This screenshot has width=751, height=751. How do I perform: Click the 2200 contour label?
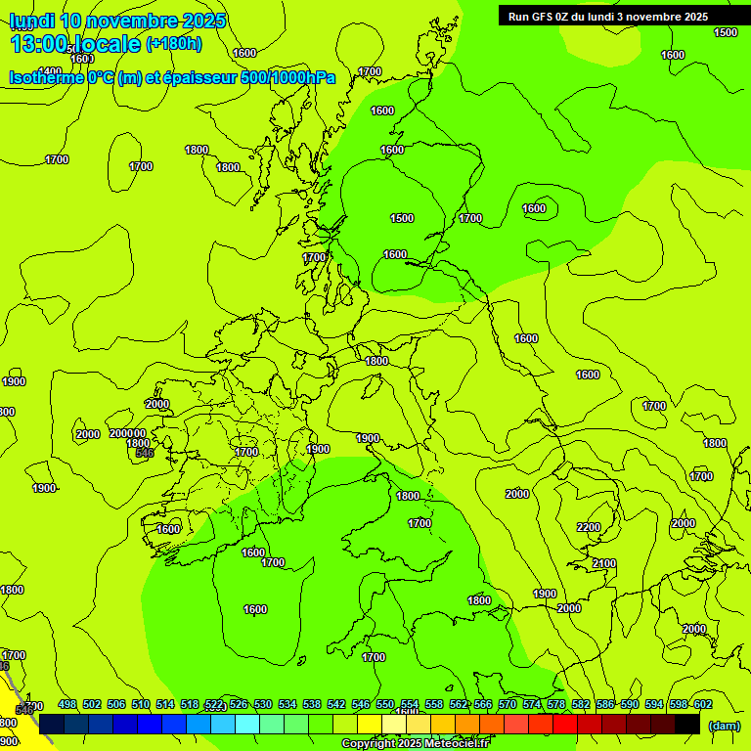tap(589, 527)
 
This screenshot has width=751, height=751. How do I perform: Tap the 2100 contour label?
tap(604, 563)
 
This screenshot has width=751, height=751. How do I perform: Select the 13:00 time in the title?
tap(39, 44)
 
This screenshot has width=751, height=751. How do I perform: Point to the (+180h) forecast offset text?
tap(174, 44)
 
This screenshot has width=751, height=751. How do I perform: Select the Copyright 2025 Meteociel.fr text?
tap(415, 744)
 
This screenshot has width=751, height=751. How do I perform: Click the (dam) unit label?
tap(724, 725)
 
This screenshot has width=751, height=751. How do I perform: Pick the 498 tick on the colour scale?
tap(67, 705)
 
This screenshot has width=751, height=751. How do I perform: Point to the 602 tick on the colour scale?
tap(702, 705)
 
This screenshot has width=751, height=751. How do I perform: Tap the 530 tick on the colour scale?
tap(263, 705)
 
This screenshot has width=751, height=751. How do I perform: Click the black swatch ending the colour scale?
tap(687, 724)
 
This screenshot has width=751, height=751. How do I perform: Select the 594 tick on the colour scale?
tap(679, 705)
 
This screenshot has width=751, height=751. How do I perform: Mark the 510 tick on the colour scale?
tap(141, 705)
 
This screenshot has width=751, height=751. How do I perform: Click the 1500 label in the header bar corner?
tap(726, 32)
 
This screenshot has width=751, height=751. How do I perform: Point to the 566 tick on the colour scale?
tap(483, 705)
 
